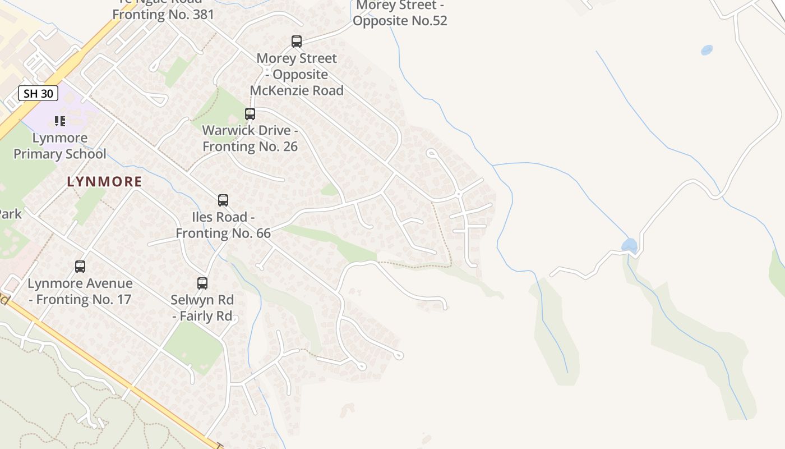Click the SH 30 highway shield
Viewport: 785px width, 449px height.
(x=38, y=93)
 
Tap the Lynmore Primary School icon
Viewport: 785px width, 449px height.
(x=60, y=121)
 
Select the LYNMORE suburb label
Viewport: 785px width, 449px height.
(x=105, y=182)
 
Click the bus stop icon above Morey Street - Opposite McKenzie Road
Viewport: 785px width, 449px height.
(x=297, y=41)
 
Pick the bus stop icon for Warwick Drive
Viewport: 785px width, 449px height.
(x=250, y=114)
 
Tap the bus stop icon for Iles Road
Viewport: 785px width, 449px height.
(x=223, y=200)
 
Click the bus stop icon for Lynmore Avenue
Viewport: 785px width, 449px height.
(x=80, y=267)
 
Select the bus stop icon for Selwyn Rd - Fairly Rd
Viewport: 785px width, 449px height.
(x=202, y=283)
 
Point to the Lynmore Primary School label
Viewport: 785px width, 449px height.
(x=60, y=146)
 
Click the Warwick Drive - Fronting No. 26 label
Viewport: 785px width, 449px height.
(x=250, y=139)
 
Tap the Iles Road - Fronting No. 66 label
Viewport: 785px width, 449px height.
(x=223, y=225)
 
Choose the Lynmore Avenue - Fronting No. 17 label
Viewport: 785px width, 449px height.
(x=80, y=291)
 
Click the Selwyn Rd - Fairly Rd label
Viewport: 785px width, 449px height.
(x=202, y=308)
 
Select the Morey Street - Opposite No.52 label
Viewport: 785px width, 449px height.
(x=400, y=13)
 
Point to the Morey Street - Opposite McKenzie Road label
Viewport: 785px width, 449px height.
(x=297, y=74)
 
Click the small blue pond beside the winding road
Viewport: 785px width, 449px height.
(x=629, y=245)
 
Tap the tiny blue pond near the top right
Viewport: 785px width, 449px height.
(x=706, y=50)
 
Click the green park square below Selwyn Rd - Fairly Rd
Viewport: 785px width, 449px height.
(x=193, y=348)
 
